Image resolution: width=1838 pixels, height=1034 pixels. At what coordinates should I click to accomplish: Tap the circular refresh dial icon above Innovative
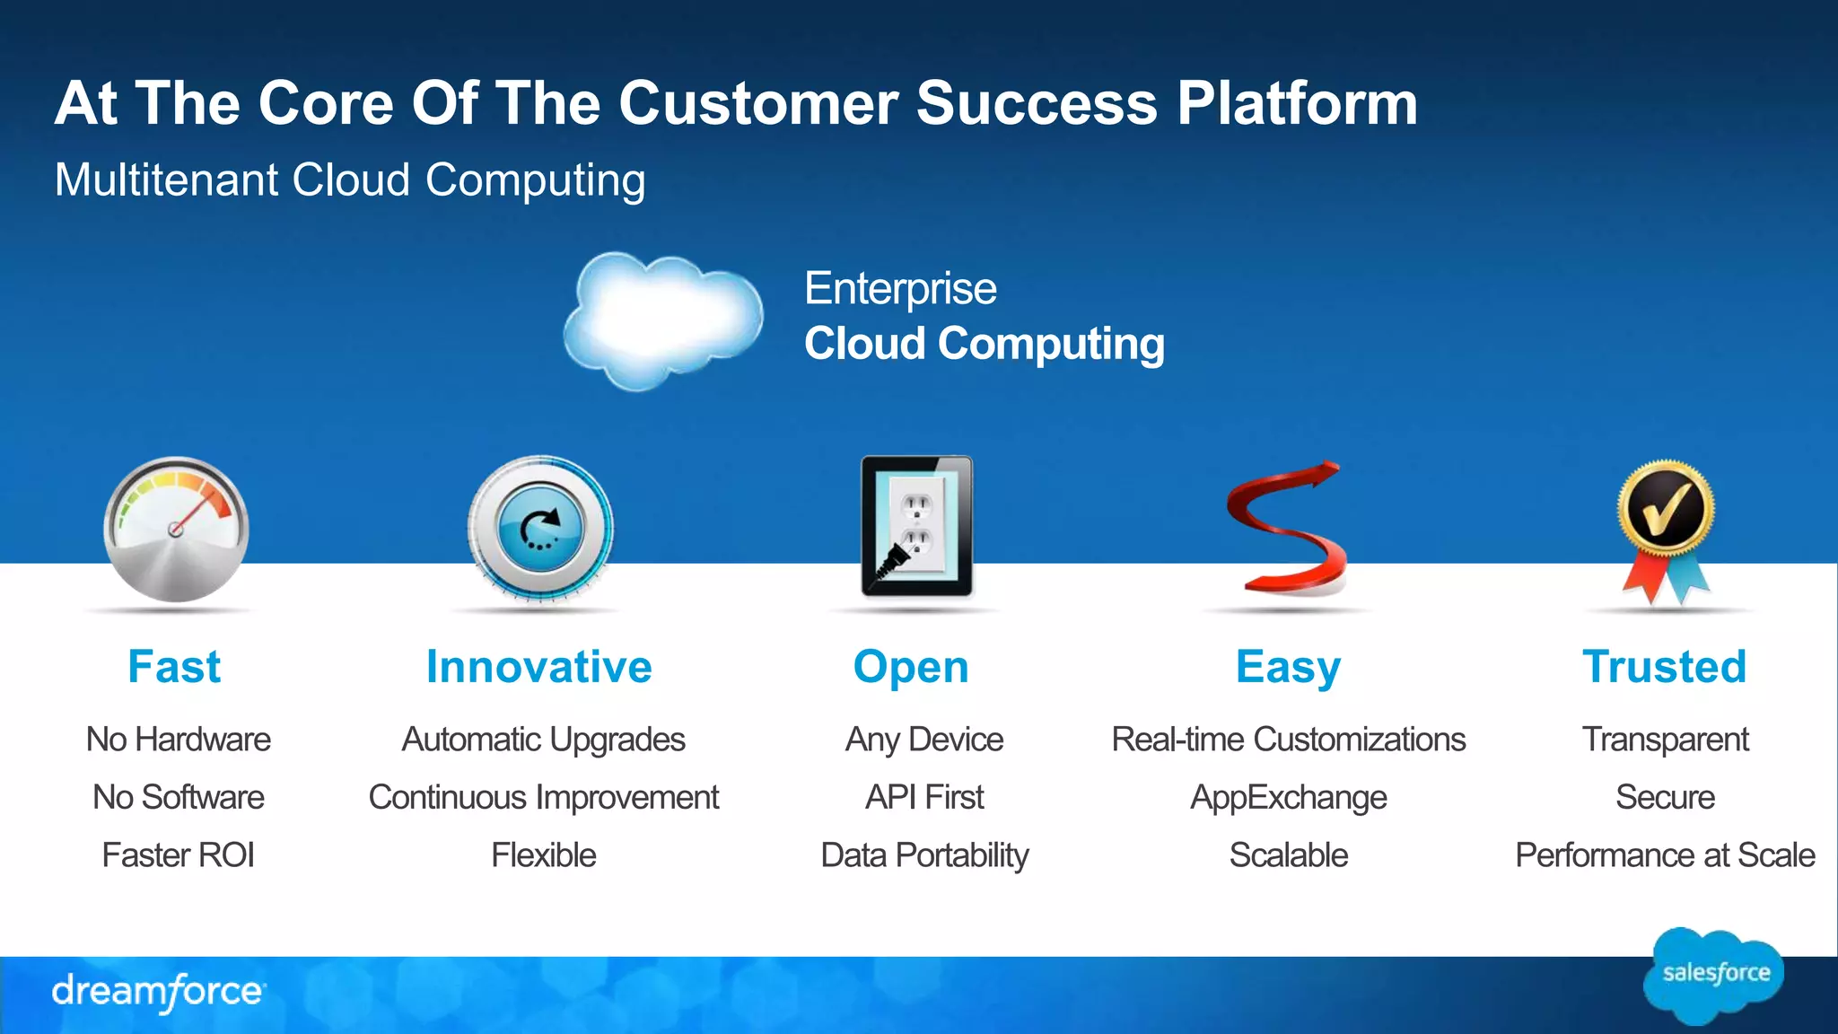[540, 528]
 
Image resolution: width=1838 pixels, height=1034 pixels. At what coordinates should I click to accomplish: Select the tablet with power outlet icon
[916, 527]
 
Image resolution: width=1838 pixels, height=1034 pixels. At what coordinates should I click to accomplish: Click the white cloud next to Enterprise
[664, 319]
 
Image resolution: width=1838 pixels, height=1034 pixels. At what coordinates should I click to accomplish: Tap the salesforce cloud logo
[1715, 975]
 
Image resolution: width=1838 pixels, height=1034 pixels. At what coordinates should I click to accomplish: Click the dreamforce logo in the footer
[158, 992]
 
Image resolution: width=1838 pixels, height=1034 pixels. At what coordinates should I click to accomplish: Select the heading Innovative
[538, 667]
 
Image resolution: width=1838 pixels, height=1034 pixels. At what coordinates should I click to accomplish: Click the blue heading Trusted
[1665, 667]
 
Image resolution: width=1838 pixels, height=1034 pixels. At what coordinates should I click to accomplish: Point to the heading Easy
[1288, 667]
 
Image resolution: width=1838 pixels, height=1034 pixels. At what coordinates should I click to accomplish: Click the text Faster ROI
[178, 854]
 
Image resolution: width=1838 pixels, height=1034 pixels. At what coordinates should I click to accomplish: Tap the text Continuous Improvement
[543, 797]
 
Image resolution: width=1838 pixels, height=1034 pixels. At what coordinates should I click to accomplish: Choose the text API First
[924, 797]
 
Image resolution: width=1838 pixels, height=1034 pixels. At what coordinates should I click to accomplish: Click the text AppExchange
[1288, 797]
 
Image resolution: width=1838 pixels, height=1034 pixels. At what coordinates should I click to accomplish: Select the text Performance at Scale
[1665, 854]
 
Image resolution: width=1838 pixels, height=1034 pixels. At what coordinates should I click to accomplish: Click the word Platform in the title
[1297, 103]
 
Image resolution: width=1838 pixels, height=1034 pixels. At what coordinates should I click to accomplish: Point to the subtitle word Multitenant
[167, 180]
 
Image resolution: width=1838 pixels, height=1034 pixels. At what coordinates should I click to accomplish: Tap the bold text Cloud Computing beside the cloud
[985, 344]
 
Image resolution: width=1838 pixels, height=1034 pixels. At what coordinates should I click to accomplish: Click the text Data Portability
[924, 854]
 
